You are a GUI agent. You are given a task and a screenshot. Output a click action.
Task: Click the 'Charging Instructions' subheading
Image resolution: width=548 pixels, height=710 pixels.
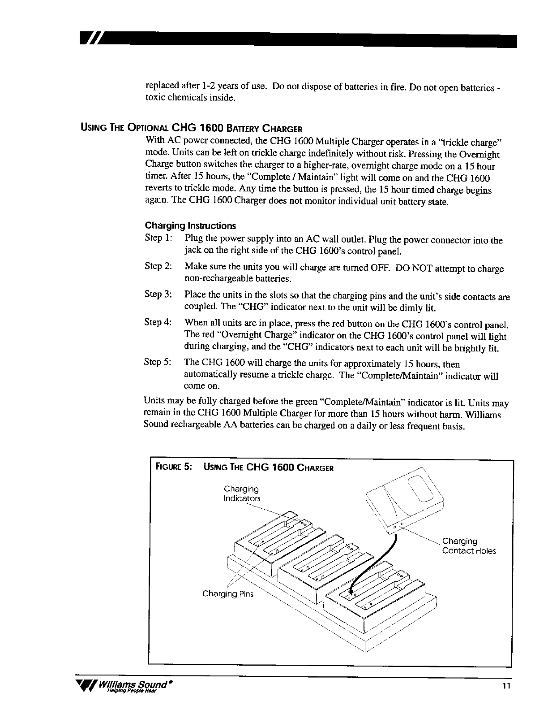pos(190,225)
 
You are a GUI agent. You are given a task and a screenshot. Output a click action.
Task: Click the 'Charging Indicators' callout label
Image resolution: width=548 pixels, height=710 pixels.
pos(241,493)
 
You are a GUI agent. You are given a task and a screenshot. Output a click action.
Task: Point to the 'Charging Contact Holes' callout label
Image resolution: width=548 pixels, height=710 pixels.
pos(468,546)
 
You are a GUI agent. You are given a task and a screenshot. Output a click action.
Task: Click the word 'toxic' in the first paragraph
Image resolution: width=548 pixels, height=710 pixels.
pos(155,98)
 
